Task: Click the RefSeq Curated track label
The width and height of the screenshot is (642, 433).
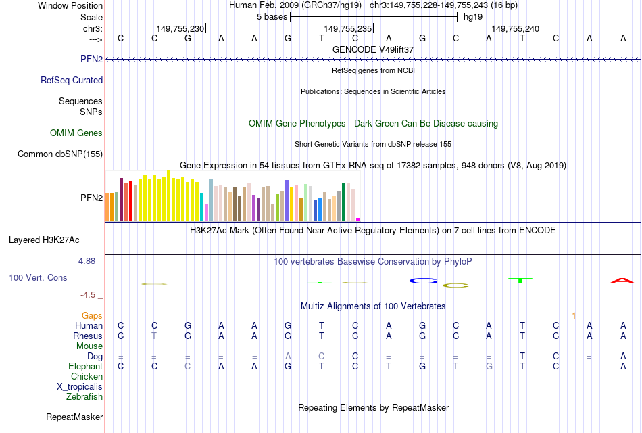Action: click(x=72, y=80)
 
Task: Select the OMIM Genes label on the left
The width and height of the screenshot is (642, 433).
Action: click(x=76, y=133)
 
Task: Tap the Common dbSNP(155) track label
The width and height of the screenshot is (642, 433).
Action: click(x=60, y=154)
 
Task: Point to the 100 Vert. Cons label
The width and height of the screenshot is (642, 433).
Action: click(x=38, y=277)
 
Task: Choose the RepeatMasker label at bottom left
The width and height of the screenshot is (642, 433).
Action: click(x=74, y=417)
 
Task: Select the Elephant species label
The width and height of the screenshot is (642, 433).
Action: click(x=86, y=366)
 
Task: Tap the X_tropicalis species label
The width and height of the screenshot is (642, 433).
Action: click(x=80, y=387)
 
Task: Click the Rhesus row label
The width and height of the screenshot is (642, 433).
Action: click(x=88, y=336)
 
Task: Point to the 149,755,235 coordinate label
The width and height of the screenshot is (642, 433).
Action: click(x=348, y=28)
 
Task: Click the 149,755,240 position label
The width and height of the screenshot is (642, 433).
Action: click(x=516, y=28)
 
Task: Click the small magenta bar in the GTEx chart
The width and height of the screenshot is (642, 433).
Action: click(x=358, y=219)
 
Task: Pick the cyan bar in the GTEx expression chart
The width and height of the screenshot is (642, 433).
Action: click(x=202, y=207)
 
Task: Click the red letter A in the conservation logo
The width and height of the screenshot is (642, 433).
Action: click(x=622, y=280)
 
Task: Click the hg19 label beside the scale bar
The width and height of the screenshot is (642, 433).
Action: click(x=473, y=17)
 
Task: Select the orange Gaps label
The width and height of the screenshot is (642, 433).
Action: click(x=92, y=315)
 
